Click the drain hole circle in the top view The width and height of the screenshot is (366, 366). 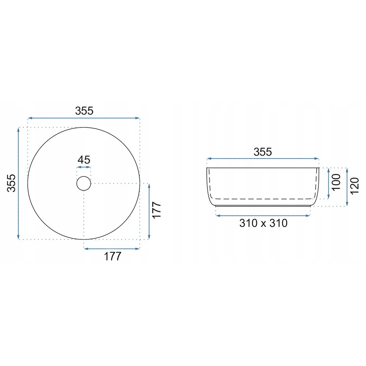coord(83,177)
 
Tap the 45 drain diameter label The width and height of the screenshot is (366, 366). coord(84,160)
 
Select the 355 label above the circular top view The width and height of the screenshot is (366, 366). coord(84,111)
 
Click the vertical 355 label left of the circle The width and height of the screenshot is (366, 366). coord(11,183)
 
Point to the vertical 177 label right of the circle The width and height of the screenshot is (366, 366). coord(157,210)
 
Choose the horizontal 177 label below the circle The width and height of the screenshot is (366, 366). coord(112,256)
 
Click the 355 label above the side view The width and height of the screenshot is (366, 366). coord(262,152)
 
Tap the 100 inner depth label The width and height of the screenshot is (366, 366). coord(336,182)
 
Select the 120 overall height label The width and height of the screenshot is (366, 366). coord(354,186)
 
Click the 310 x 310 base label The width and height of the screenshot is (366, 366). coord(263,223)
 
